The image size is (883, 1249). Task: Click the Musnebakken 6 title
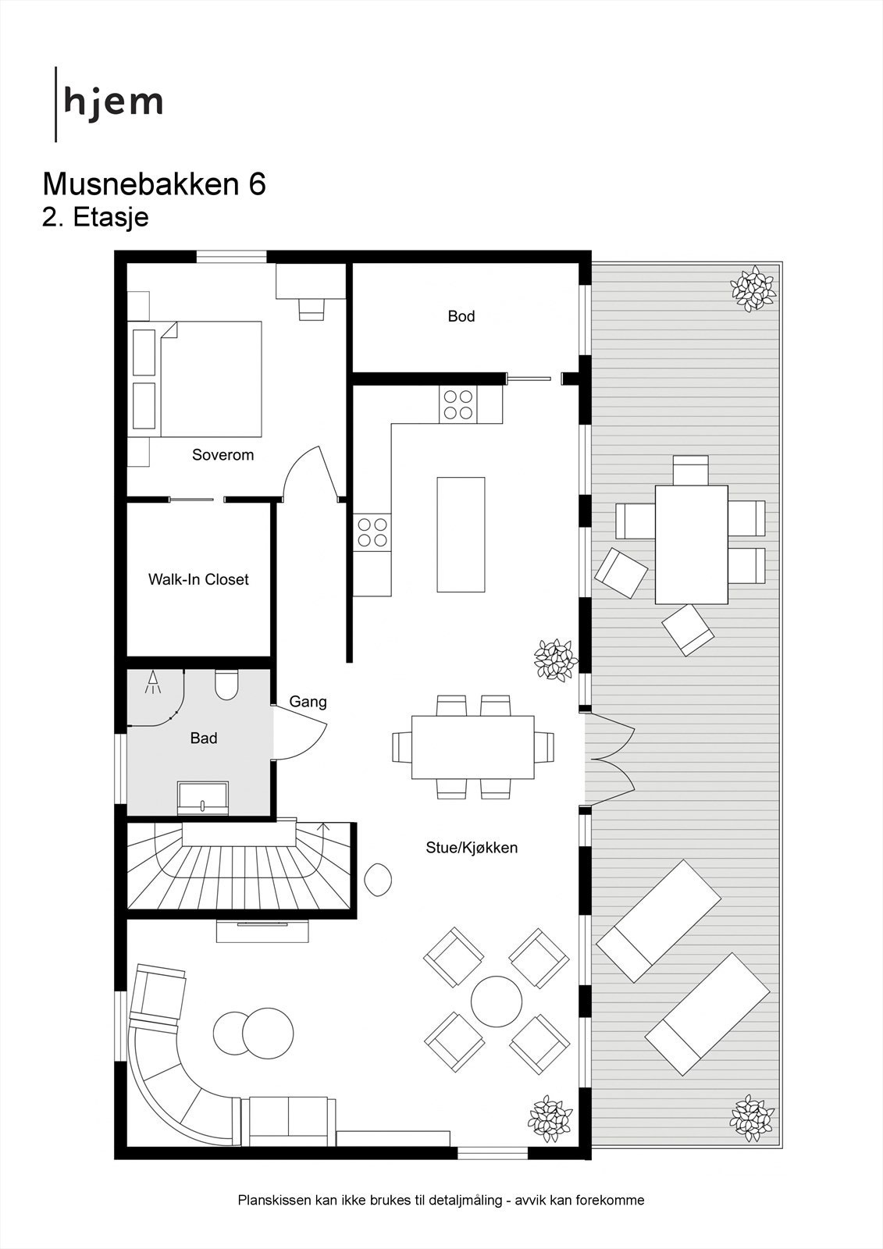[154, 184]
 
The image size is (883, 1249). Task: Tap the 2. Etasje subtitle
[94, 217]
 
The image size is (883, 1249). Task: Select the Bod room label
[461, 316]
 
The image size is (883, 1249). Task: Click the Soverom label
[223, 454]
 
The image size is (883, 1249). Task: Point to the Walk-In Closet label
[198, 579]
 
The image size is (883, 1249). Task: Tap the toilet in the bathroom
[226, 685]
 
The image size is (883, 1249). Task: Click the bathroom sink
[203, 798]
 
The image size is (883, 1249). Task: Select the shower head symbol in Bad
[152, 682]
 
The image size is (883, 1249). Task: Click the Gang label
[308, 702]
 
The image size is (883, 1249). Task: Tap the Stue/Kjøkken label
[472, 848]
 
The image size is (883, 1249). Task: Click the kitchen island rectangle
[461, 535]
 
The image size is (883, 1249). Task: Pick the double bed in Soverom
[210, 379]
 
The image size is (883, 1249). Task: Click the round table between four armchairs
[497, 1002]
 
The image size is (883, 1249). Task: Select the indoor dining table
[473, 746]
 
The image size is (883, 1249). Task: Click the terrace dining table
[691, 544]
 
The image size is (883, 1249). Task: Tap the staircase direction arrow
[325, 828]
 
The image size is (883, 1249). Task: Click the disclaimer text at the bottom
[441, 1201]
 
